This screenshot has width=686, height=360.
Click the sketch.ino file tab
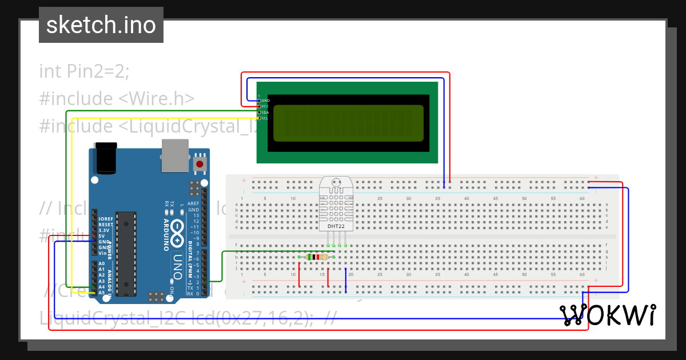(x=101, y=25)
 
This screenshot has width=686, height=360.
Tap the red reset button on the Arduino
(x=200, y=165)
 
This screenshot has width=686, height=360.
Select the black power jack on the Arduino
(x=106, y=158)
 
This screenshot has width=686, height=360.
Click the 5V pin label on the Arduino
(x=101, y=236)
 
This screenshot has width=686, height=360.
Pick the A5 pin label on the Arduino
(x=101, y=293)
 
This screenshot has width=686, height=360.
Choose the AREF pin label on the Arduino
(x=194, y=203)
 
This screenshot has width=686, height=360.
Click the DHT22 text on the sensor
(x=336, y=226)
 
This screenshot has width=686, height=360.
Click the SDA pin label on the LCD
(x=265, y=113)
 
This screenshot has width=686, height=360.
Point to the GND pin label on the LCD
(x=265, y=101)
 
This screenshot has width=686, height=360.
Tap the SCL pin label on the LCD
(x=265, y=118)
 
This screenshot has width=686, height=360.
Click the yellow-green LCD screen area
(x=348, y=123)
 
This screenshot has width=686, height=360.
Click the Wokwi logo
(x=608, y=315)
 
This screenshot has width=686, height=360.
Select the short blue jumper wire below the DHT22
(x=346, y=280)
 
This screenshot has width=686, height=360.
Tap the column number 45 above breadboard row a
(x=495, y=198)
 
